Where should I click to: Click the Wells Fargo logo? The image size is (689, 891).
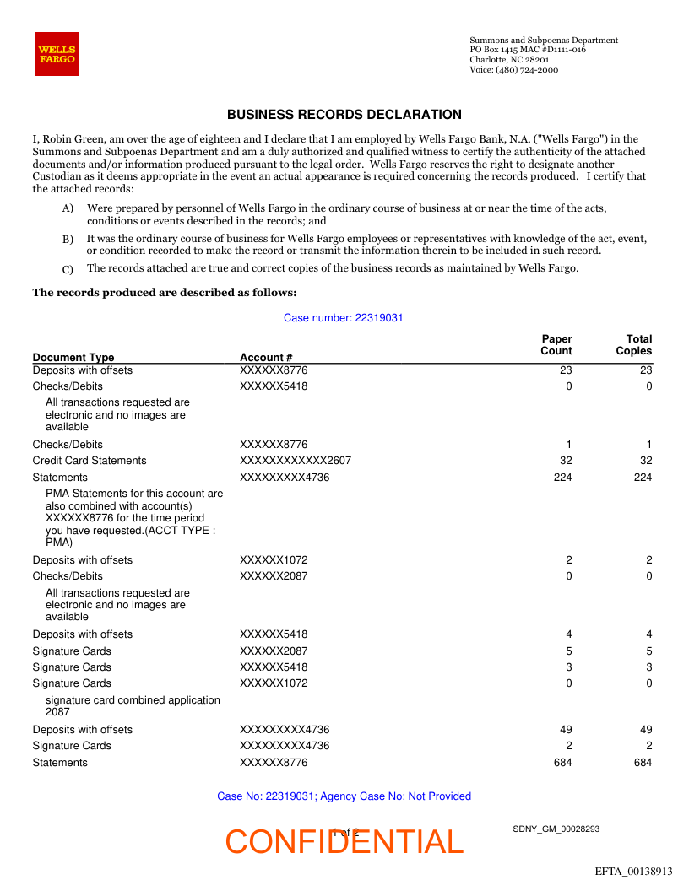[x=57, y=54]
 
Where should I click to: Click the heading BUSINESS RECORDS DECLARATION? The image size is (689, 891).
[x=344, y=115]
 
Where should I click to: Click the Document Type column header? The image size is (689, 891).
[x=73, y=357]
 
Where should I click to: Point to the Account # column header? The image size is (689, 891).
[x=266, y=357]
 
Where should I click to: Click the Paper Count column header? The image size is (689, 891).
[x=556, y=345]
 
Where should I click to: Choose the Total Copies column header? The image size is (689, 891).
[x=634, y=345]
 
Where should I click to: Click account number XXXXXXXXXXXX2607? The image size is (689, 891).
[x=296, y=461]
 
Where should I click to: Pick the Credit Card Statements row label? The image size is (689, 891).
[x=90, y=461]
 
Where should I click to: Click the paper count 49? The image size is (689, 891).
[x=566, y=730]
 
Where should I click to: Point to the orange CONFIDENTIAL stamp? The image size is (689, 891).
[x=344, y=842]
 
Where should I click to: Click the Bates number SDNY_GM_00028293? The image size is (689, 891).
[x=556, y=829]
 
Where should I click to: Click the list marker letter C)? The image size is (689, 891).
[x=68, y=269]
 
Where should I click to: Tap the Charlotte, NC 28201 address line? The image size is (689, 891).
[x=509, y=60]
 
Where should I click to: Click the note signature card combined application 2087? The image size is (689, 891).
[x=133, y=705]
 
